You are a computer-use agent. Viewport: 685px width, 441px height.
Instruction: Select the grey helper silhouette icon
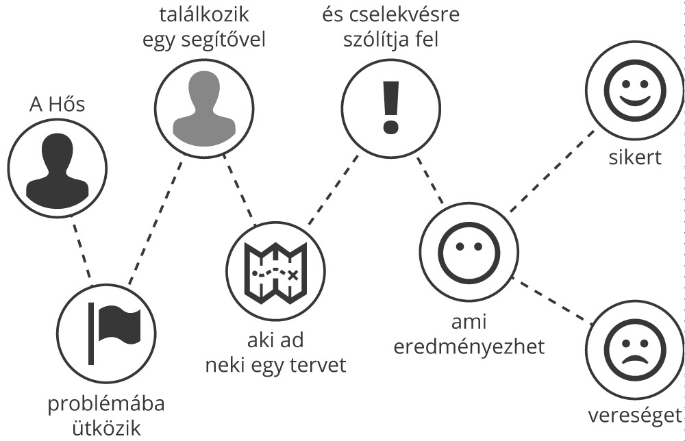click(204, 108)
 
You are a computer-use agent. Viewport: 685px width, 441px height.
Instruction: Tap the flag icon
click(114, 333)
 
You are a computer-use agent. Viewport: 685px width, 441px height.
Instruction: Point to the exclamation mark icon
click(391, 107)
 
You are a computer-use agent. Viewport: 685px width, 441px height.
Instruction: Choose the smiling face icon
click(635, 91)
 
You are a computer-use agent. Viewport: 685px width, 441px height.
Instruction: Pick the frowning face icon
click(635, 348)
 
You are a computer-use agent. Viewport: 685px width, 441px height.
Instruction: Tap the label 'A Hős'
click(58, 104)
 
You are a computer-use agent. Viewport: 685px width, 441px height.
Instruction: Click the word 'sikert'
click(635, 157)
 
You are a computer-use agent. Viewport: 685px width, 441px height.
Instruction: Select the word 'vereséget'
click(635, 416)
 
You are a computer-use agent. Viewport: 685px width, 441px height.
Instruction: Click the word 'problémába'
click(106, 404)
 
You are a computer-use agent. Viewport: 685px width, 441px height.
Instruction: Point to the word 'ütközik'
click(106, 428)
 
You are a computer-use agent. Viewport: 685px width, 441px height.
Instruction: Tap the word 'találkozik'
click(204, 14)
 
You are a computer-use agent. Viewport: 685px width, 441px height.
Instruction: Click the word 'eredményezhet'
click(469, 346)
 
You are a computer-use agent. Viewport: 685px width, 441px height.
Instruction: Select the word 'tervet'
click(319, 365)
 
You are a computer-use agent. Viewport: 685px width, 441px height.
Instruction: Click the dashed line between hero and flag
click(82, 251)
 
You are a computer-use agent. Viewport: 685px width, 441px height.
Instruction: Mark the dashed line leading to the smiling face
click(553, 171)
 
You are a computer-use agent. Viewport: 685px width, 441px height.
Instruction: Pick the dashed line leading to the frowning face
click(553, 301)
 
